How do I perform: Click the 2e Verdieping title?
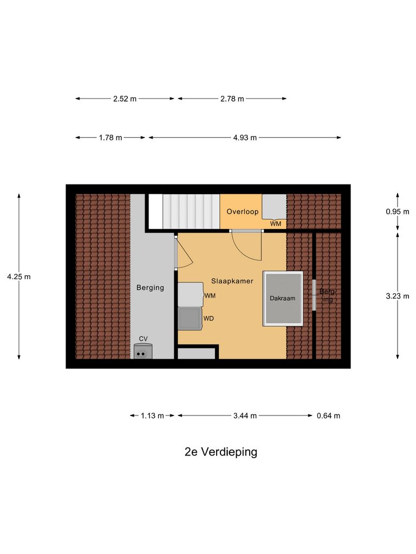click(220, 452)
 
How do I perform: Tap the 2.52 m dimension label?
click(125, 98)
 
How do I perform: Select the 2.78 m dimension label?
click(232, 98)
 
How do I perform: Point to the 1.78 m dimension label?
click(110, 137)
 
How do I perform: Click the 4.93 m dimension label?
click(245, 137)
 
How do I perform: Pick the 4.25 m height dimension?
click(19, 276)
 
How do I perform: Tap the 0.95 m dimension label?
click(398, 212)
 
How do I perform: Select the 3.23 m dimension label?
click(398, 295)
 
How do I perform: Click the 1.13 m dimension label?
click(152, 415)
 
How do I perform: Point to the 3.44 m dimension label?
click(245, 415)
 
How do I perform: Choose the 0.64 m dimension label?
click(328, 415)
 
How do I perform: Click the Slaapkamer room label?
click(232, 281)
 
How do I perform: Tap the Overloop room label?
click(242, 212)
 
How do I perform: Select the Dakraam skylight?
click(283, 298)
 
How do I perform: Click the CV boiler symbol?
click(142, 352)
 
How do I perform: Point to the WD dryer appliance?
click(188, 318)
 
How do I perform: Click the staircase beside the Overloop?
click(191, 212)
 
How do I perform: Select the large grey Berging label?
click(150, 287)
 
